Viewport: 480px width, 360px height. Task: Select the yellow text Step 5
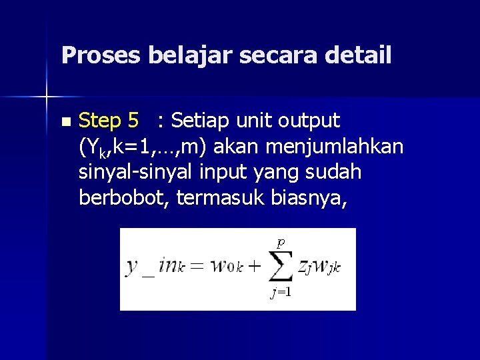109,121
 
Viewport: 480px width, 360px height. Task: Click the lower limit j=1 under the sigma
281,293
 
